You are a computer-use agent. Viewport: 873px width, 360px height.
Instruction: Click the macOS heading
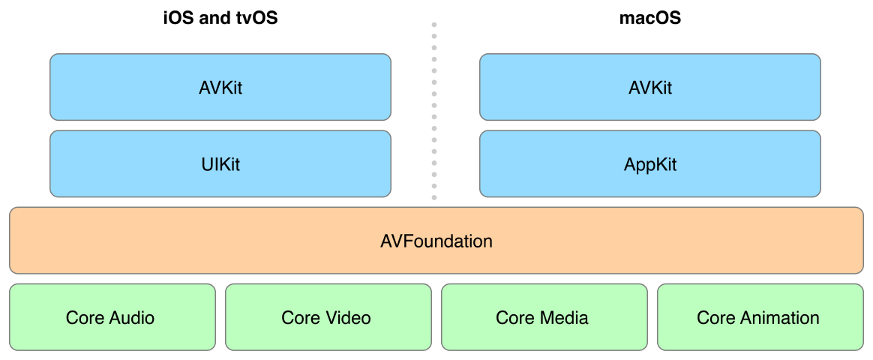coord(649,18)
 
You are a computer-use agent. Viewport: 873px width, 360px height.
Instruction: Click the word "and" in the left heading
coord(214,18)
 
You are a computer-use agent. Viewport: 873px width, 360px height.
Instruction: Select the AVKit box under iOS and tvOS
coord(220,87)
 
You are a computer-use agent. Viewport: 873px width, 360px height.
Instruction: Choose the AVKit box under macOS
coord(649,87)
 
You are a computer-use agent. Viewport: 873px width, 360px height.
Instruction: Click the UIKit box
coord(220,164)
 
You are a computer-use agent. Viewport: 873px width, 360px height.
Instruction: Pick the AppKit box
coord(649,164)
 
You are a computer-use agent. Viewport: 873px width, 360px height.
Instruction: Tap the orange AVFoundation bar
coord(436,241)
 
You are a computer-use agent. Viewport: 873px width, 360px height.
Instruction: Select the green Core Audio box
coord(110,317)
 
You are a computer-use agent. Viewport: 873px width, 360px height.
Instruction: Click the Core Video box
coord(326,317)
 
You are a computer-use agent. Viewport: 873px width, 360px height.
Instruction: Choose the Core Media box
coord(542,317)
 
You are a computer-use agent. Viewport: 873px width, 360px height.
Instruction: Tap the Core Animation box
coord(758,317)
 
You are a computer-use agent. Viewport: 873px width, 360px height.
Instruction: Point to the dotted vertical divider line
coord(433,112)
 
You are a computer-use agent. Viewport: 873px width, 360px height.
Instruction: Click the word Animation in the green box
coord(779,318)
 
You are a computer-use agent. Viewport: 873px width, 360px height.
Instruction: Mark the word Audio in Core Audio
coord(130,318)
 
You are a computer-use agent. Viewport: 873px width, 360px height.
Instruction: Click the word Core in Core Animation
coord(715,318)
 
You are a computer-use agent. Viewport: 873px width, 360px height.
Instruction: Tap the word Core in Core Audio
coord(84,318)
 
